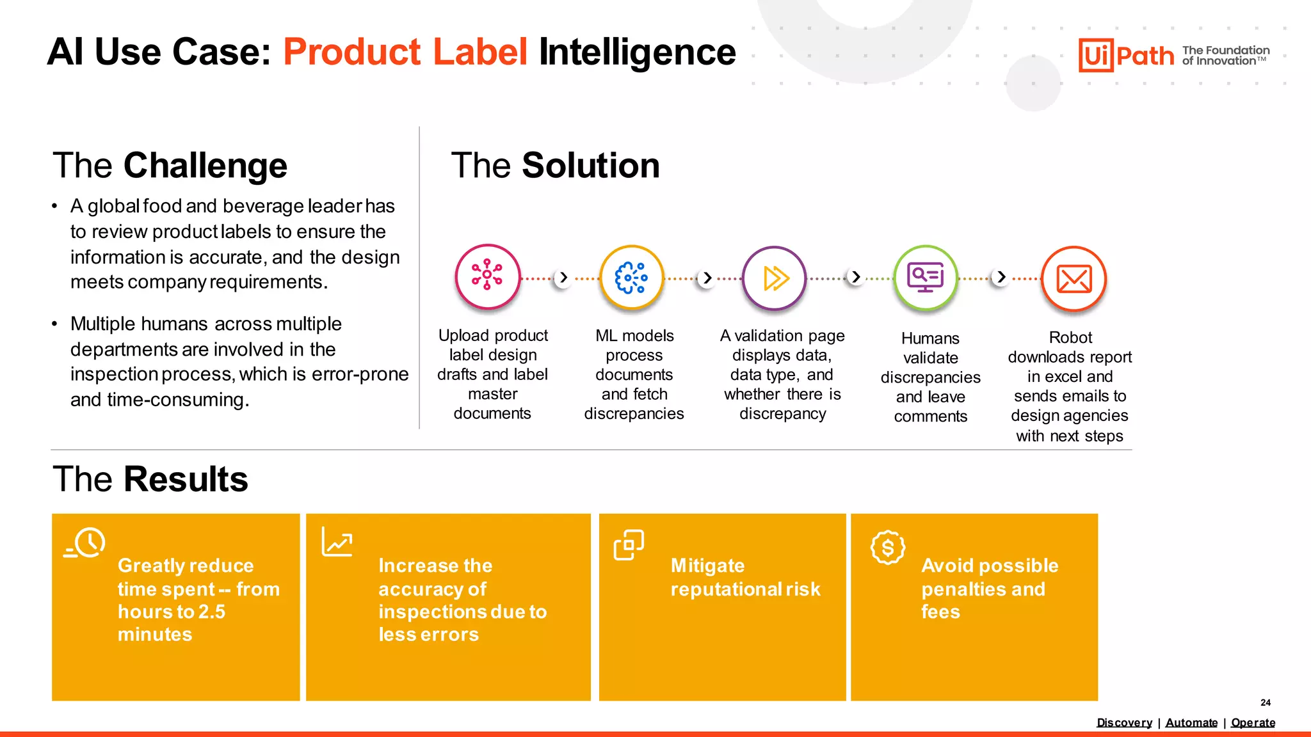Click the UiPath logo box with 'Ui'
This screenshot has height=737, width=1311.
click(1096, 55)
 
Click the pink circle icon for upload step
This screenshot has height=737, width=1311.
click(487, 276)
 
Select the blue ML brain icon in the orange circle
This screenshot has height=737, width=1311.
click(631, 278)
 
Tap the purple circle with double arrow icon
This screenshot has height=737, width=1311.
click(775, 278)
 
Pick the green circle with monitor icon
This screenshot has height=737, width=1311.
click(926, 278)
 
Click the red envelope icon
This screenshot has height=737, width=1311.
click(1074, 279)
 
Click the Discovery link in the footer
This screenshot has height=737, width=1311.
click(1124, 722)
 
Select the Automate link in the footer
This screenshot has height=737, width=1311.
click(1191, 722)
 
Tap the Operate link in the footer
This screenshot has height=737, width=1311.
click(1253, 722)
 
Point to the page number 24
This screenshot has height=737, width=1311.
click(1266, 702)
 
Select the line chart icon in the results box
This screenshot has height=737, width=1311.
click(337, 542)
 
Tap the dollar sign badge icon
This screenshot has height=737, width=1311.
click(888, 548)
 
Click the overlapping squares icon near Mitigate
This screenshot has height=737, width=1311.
click(629, 545)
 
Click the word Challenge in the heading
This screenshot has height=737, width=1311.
click(205, 166)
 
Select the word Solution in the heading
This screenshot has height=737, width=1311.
click(590, 166)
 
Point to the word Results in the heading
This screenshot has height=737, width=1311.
click(186, 479)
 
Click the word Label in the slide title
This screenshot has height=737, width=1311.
click(480, 52)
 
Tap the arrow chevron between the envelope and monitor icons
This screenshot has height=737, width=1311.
click(1001, 278)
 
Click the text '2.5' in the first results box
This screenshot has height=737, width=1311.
click(212, 612)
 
